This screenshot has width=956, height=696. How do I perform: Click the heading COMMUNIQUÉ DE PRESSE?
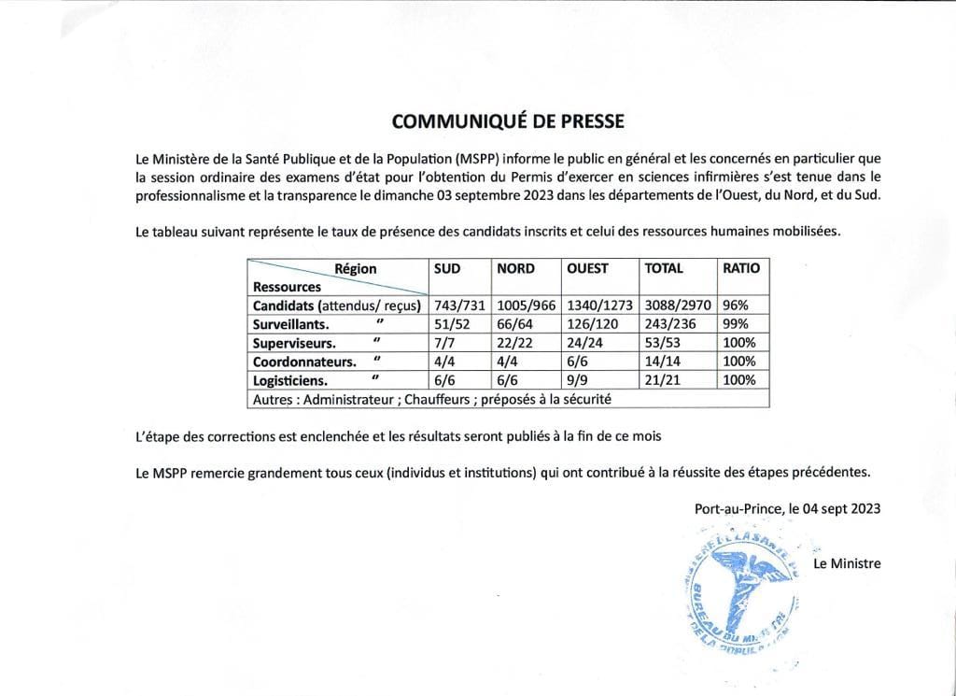[507, 121]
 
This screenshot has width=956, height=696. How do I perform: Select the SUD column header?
[447, 268]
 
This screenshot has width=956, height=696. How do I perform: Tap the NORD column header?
[515, 268]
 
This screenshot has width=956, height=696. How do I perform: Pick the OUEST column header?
[587, 268]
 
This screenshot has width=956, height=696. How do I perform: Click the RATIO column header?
[741, 268]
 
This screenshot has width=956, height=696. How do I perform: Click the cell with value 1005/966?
[527, 305]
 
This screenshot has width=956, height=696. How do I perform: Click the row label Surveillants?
[290, 324]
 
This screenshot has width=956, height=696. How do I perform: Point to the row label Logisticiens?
[290, 380]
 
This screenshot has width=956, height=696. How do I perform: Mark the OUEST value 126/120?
[592, 324]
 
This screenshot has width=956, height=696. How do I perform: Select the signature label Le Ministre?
[847, 563]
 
